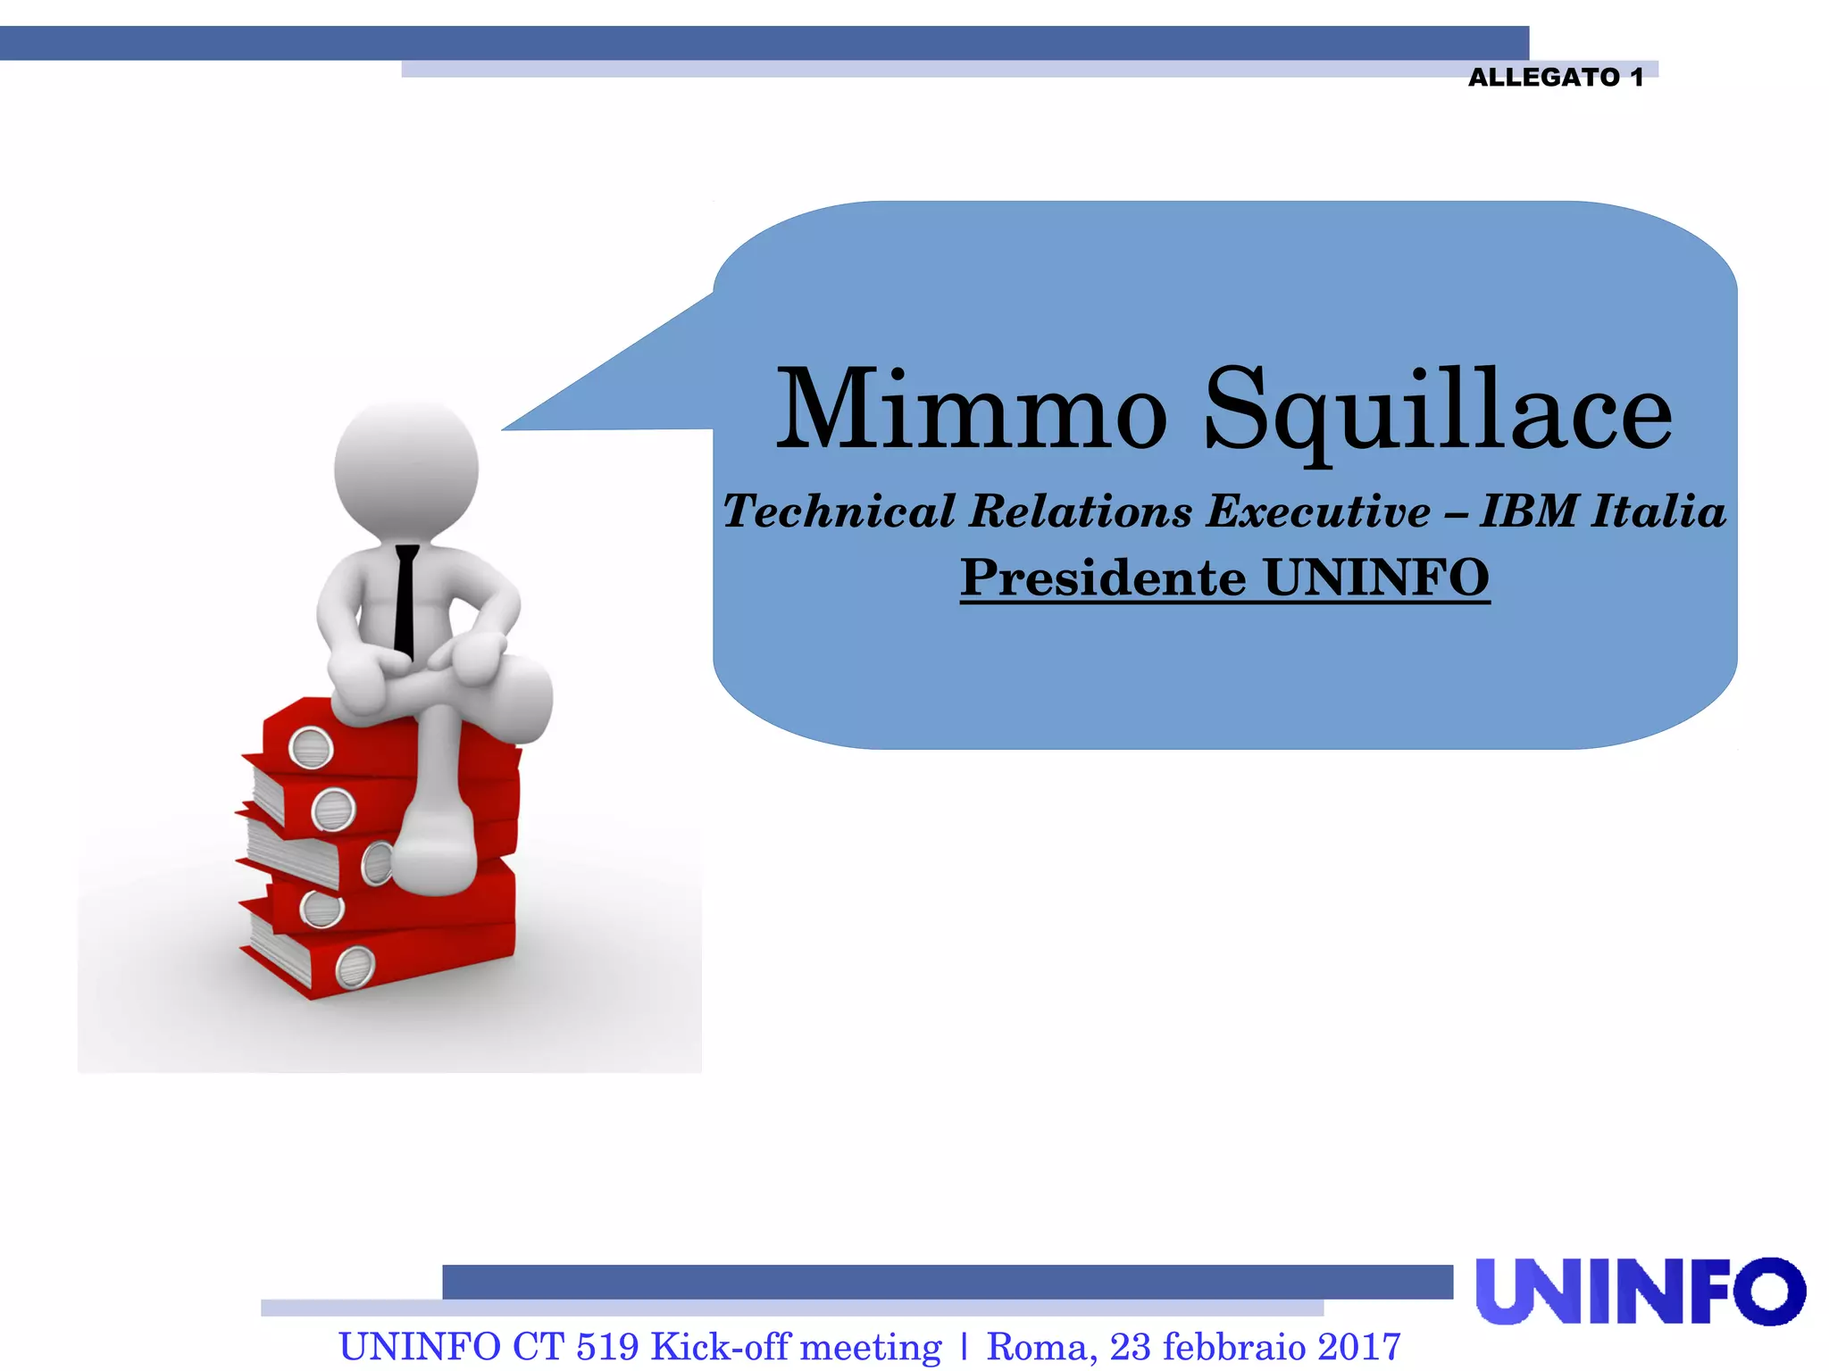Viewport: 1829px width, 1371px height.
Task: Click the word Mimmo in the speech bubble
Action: (972, 411)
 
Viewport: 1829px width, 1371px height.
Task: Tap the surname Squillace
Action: (1437, 412)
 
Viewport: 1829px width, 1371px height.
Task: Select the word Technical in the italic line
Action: (839, 511)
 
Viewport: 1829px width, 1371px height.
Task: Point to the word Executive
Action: (1318, 511)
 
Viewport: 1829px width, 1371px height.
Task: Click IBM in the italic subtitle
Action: (1528, 511)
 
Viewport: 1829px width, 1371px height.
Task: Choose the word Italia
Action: (1658, 511)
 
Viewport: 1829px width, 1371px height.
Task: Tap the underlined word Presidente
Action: (1103, 577)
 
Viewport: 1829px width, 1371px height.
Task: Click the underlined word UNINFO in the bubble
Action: (1376, 577)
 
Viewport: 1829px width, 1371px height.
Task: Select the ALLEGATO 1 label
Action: (1555, 78)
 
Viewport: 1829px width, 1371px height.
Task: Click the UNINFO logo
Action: (1640, 1291)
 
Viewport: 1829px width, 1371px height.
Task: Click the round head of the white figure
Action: (406, 469)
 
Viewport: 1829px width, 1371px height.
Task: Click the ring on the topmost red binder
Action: (311, 748)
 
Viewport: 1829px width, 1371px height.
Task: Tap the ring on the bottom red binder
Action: (355, 968)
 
